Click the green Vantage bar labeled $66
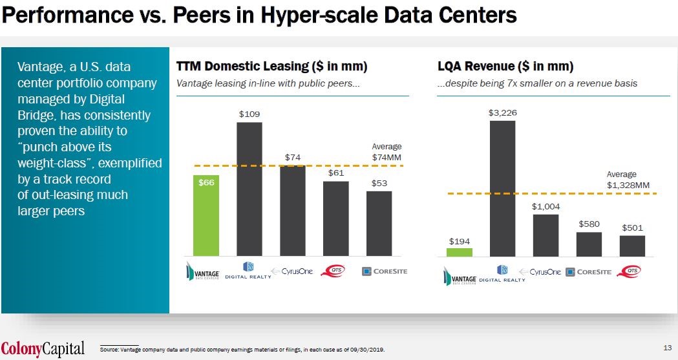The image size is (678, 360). (206, 215)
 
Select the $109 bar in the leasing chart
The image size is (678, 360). (249, 189)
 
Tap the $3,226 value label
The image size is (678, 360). (502, 113)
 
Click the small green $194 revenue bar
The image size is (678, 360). (459, 252)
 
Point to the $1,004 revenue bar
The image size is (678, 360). (546, 235)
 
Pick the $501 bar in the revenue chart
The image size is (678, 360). (632, 246)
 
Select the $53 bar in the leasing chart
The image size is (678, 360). (379, 223)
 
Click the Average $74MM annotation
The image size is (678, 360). (387, 152)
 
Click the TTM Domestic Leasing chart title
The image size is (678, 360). (271, 67)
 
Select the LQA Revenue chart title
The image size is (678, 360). (505, 67)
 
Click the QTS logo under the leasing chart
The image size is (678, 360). (336, 271)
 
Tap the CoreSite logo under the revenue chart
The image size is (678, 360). (588, 272)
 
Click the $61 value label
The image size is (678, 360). (335, 173)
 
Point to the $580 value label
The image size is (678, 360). (589, 223)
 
